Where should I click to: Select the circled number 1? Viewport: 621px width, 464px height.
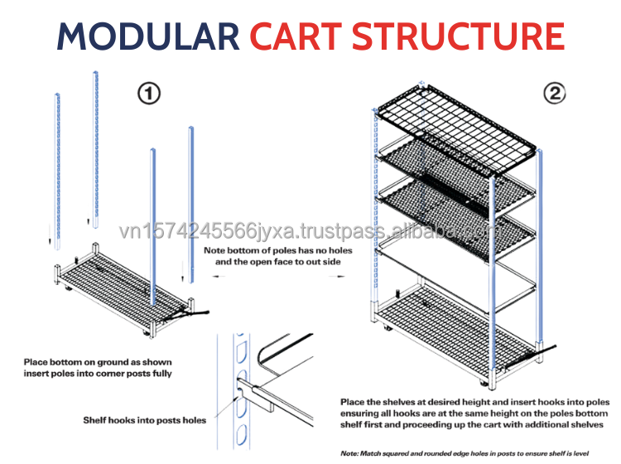[x=148, y=94]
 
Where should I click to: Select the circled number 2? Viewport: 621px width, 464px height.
[x=554, y=93]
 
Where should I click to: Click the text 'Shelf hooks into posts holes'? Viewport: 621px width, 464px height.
[x=145, y=420]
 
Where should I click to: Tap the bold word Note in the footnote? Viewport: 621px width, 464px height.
[x=353, y=452]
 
